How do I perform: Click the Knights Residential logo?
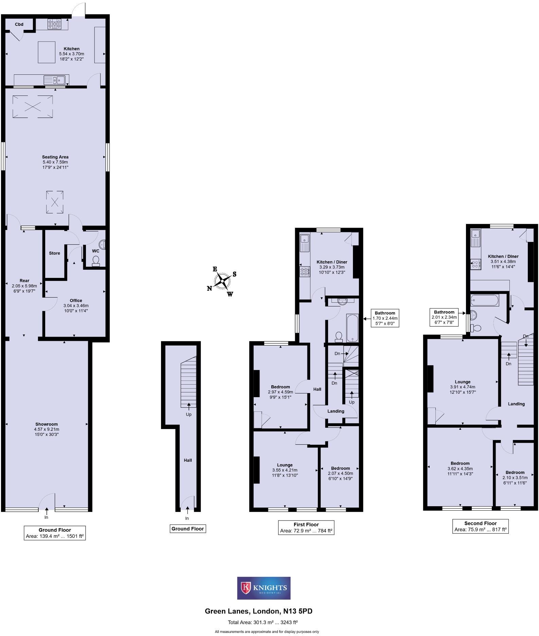[x=264, y=588]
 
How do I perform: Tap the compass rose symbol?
[x=222, y=281]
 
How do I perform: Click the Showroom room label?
[x=47, y=424]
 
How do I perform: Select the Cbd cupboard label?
[x=19, y=24]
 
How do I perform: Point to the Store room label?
[x=54, y=253]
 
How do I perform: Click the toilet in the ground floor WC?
[x=96, y=261]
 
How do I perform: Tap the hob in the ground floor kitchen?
[x=54, y=24]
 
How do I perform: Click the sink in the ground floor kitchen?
[x=54, y=80]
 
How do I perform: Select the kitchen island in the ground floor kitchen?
[x=47, y=52]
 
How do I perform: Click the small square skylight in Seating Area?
[x=55, y=202]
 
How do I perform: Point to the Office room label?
[x=76, y=301]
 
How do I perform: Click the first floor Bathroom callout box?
[x=385, y=318]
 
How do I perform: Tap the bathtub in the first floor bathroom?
[x=352, y=328]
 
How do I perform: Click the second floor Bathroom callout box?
[x=444, y=317]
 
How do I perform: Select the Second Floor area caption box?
[x=480, y=526]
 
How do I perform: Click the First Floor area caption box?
[x=306, y=527]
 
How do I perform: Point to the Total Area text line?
[x=263, y=623]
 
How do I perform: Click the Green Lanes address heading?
[x=258, y=611]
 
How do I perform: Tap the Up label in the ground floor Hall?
[x=188, y=414]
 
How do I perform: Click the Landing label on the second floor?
[x=516, y=404]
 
